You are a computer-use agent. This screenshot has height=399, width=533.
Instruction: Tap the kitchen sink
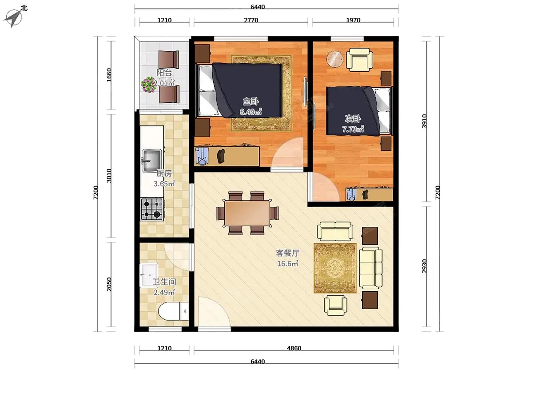point(152,160)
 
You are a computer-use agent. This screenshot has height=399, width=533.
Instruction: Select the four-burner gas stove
point(152,209)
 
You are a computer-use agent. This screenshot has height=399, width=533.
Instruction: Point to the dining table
point(247,213)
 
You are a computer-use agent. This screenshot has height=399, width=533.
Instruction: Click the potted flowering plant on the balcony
point(148,85)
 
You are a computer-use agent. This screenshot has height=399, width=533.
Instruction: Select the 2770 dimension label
point(251,20)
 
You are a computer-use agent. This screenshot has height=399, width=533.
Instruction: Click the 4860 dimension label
point(294,348)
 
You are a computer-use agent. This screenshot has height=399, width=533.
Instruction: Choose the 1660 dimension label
point(109,75)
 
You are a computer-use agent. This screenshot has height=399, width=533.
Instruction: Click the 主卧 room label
point(251,101)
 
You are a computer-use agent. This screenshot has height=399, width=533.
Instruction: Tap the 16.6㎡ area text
point(287,263)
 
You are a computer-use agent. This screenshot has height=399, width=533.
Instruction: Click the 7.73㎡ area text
point(353,129)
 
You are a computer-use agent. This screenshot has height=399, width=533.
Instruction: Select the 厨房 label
point(164,173)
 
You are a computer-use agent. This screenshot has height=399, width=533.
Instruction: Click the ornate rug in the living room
point(335,268)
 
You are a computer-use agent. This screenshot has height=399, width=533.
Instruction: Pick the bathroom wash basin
point(149,275)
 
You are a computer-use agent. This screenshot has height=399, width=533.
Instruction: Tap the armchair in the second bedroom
point(359,59)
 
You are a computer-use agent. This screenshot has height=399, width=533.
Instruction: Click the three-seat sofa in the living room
point(370,268)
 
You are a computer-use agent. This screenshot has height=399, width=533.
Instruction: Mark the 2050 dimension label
point(109,285)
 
